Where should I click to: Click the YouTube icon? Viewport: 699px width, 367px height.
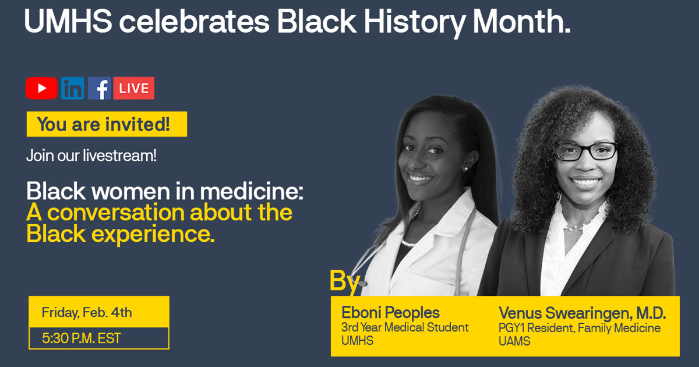click(x=41, y=88)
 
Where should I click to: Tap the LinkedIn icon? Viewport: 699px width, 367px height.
click(x=73, y=88)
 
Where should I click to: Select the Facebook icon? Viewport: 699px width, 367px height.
click(x=100, y=88)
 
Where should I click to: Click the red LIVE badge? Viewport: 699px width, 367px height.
click(x=134, y=88)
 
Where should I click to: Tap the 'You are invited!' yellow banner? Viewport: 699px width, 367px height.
click(x=107, y=124)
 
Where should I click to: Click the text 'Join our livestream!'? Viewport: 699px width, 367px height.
click(x=91, y=156)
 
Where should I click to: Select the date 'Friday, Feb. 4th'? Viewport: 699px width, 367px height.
click(x=87, y=312)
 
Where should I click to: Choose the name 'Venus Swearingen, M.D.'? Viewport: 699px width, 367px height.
click(x=582, y=313)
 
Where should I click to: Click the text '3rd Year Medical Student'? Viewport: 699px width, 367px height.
click(x=405, y=328)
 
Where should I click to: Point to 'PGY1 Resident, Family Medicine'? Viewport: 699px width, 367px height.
click(x=580, y=329)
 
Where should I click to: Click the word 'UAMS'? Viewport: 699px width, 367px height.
click(x=514, y=342)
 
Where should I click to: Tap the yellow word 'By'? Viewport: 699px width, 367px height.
click(x=345, y=280)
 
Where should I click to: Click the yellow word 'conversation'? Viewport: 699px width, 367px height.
click(x=118, y=213)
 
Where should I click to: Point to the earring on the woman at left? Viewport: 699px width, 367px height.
click(x=465, y=168)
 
